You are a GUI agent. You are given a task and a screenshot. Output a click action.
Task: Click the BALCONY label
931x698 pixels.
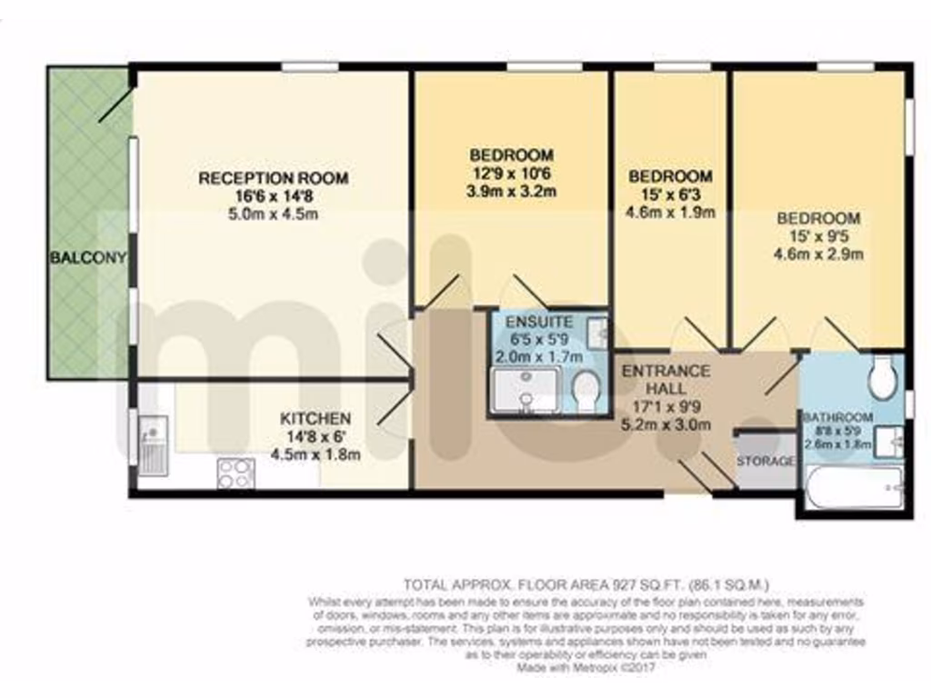point(87,258)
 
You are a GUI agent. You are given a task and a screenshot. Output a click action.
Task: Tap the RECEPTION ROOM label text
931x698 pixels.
point(273,178)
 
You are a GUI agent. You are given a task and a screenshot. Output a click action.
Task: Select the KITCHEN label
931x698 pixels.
point(315,419)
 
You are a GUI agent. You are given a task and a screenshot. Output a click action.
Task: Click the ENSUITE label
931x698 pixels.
point(539,322)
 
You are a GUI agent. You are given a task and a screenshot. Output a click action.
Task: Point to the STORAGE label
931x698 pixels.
point(766,462)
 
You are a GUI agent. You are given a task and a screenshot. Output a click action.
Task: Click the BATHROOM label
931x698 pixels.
point(837,417)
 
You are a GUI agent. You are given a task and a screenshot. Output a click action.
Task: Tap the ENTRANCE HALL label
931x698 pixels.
point(665,380)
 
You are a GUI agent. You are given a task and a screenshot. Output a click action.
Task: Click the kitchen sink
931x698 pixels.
point(152,444)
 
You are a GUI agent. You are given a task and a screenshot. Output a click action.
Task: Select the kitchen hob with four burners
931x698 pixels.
point(235,473)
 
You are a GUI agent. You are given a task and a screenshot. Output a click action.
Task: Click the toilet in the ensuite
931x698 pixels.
point(587,392)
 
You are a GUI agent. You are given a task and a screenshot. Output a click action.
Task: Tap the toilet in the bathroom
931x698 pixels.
point(881,377)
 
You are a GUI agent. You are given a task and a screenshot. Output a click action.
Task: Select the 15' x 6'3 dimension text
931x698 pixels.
point(670,194)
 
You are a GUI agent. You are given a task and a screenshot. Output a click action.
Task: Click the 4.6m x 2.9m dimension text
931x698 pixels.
point(818,254)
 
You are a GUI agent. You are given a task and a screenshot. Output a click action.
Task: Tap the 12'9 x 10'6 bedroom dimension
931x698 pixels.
point(510,173)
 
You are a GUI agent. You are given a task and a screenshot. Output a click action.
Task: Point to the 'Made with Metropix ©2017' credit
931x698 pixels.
point(586,668)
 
